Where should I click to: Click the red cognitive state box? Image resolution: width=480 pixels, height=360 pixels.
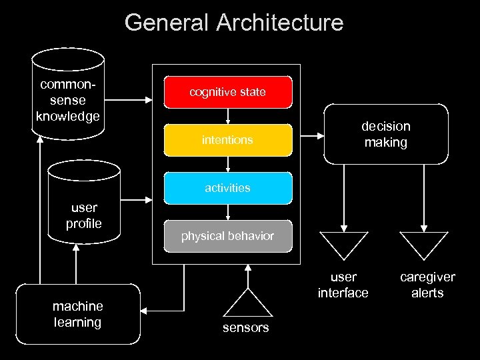[228, 93]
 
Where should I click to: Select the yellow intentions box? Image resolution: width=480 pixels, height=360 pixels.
[228, 140]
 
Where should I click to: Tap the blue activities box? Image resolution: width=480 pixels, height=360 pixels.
[228, 188]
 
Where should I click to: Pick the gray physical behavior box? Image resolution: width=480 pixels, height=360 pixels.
[228, 236]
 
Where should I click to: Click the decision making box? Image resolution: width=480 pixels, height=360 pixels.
[385, 134]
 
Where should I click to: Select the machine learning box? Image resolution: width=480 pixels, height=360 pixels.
[78, 314]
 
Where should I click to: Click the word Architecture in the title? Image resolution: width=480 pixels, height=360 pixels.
[280, 23]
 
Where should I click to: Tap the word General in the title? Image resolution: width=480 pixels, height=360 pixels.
[167, 23]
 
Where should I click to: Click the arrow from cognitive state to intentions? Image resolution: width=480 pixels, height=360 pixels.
[228, 117]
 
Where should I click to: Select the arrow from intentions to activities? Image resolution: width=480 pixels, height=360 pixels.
[228, 164]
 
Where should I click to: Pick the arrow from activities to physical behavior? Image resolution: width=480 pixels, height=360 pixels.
[228, 212]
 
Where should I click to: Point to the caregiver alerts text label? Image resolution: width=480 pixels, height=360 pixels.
[427, 285]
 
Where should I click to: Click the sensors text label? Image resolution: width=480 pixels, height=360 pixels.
[247, 327]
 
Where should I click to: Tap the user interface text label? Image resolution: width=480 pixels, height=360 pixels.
[343, 285]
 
